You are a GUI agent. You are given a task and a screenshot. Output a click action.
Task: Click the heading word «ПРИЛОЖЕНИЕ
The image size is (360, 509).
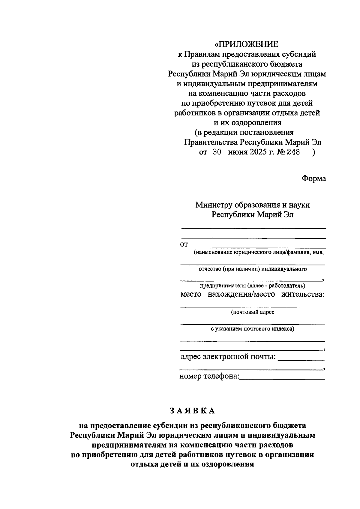click(246, 44)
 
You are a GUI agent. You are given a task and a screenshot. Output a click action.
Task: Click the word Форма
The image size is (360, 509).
click(313, 178)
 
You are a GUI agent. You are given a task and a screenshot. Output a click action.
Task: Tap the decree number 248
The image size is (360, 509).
click(293, 152)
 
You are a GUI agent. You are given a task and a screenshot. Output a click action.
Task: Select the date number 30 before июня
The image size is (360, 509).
click(217, 152)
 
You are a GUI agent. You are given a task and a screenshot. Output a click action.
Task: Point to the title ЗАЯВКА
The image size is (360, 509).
click(192, 411)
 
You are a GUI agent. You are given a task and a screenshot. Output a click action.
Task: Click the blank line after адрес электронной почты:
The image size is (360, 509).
click(301, 359)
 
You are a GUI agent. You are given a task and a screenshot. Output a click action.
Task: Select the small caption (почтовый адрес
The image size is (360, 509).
click(253, 312)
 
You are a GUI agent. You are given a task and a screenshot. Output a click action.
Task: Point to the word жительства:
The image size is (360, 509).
click(303, 294)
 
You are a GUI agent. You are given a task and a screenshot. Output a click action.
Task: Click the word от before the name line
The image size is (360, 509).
click(184, 244)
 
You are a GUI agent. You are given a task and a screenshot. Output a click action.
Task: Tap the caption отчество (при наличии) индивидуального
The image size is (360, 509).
click(253, 269)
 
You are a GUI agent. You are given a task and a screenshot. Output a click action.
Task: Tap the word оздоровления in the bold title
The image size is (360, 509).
click(228, 465)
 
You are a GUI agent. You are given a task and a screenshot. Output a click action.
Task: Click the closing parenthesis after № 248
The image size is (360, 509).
click(314, 152)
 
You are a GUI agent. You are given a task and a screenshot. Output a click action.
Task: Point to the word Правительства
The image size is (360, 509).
click(212, 142)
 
